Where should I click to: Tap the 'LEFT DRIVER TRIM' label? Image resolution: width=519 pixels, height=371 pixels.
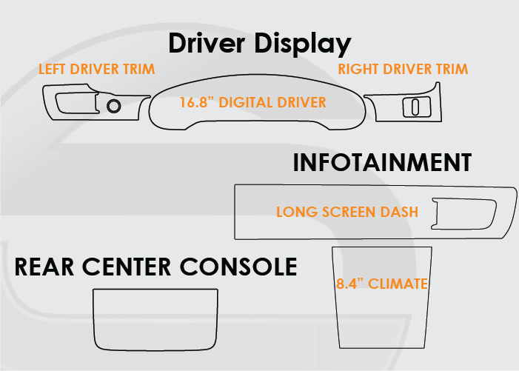pyautogui.click(x=96, y=70)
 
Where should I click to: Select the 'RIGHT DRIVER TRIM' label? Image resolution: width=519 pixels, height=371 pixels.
pyautogui.click(x=403, y=70)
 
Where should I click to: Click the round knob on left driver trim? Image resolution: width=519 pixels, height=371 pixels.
pyautogui.click(x=114, y=105)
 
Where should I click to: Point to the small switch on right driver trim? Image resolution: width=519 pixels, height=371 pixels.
pyautogui.click(x=415, y=107)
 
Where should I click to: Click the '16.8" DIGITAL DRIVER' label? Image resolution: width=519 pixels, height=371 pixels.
pyautogui.click(x=252, y=103)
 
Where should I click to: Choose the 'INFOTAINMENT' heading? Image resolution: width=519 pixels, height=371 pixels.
pyautogui.click(x=382, y=164)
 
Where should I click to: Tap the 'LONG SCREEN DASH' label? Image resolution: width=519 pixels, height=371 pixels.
pyautogui.click(x=346, y=212)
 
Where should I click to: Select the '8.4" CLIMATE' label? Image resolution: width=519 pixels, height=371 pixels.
pyautogui.click(x=382, y=283)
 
